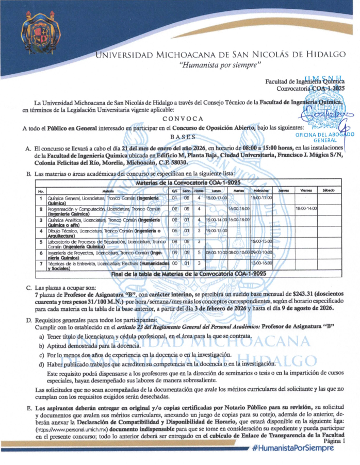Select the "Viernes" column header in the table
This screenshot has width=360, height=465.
pyautogui.click(x=306, y=191)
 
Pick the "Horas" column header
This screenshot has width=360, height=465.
pyautogui.click(x=199, y=191)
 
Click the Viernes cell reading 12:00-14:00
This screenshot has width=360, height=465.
pyautogui.click(x=306, y=209)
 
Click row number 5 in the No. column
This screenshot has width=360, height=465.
pyautogui.click(x=41, y=242)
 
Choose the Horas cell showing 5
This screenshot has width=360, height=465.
pyautogui.click(x=199, y=253)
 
